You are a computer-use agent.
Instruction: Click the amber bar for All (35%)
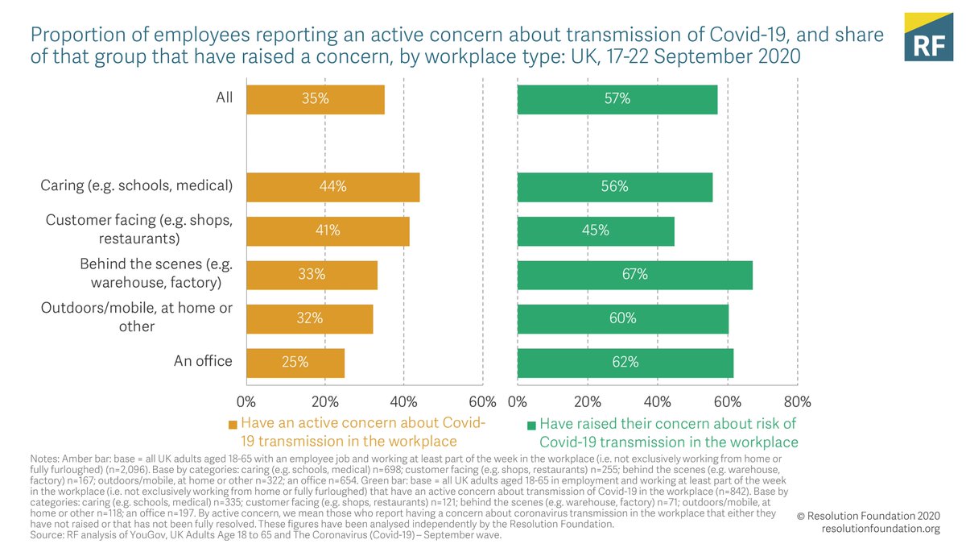315,99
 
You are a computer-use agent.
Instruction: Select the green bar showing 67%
634,275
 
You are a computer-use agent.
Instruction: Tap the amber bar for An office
295,362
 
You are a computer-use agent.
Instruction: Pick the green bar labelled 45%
596,230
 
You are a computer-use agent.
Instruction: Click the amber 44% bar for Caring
332,187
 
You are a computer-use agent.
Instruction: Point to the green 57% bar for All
617,99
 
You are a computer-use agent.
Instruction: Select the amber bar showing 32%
309,318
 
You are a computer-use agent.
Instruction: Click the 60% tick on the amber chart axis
481,401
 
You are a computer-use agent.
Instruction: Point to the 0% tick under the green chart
518,401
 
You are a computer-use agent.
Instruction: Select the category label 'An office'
203,362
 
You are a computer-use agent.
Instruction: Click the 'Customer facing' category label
138,230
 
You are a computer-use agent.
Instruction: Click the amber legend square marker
233,425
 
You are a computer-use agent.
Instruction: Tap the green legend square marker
530,425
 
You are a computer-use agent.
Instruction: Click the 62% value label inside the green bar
625,363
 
